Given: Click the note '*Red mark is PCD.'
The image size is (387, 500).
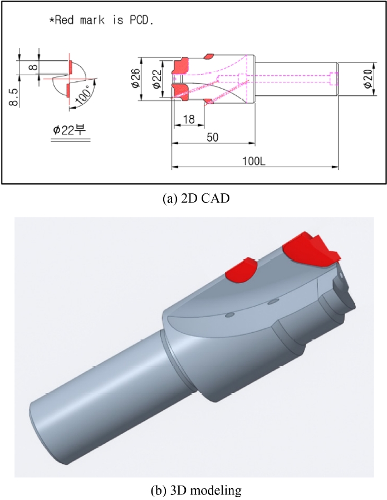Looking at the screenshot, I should (102, 21).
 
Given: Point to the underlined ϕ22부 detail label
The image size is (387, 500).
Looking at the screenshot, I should (69, 130).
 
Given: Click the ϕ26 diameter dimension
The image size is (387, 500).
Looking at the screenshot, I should (135, 80).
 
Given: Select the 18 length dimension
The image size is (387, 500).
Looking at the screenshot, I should (188, 119).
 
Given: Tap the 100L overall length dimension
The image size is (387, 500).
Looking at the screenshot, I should (253, 161).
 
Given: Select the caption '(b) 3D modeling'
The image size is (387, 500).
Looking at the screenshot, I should (193, 491).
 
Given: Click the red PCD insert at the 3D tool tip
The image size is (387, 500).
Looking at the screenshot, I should (309, 249).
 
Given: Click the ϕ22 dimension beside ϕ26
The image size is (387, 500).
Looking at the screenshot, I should (157, 80).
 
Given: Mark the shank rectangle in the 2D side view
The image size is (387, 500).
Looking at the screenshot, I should (295, 80).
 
